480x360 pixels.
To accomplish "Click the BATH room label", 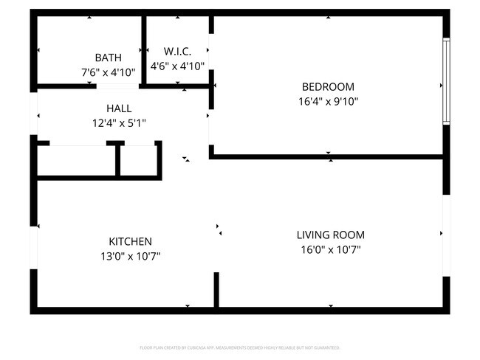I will [108, 58].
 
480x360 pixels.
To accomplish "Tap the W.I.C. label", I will [177, 51].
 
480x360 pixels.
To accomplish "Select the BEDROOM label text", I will [329, 86].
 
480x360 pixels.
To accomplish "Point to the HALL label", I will [119, 108].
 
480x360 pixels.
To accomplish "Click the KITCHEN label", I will [130, 241].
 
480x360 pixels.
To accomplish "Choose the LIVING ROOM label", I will [330, 235].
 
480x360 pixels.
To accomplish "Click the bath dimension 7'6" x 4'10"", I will [108, 72].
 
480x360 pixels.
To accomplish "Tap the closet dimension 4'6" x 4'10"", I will [177, 66].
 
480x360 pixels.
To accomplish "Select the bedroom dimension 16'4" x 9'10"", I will [329, 102].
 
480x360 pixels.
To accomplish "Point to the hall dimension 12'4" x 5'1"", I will [119, 123].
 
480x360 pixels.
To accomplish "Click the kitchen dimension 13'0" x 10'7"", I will [130, 256].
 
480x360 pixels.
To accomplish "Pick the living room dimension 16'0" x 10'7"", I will [330, 249].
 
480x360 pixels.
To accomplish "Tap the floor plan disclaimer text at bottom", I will [240, 347].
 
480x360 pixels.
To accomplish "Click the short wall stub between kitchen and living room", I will [216, 289].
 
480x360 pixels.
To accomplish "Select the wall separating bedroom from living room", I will [329, 156].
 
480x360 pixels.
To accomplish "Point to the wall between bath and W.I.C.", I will [143, 50].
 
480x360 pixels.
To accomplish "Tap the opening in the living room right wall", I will [446, 233].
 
